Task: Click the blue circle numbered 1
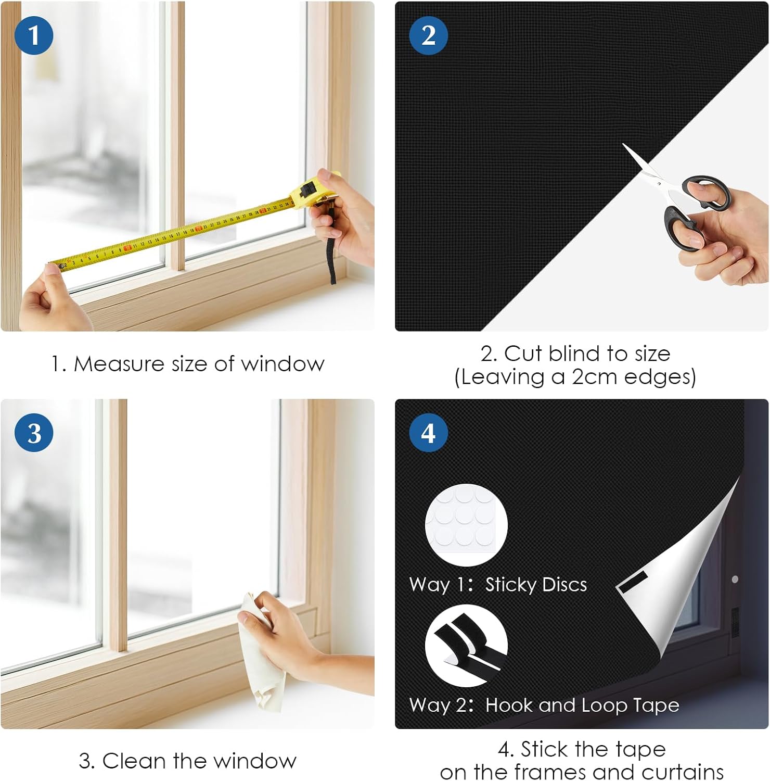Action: [x=34, y=35]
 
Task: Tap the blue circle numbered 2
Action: [x=428, y=35]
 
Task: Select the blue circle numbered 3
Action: [x=34, y=433]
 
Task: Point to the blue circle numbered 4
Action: [x=428, y=433]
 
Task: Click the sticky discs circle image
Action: [x=466, y=525]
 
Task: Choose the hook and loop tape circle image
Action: [x=466, y=646]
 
